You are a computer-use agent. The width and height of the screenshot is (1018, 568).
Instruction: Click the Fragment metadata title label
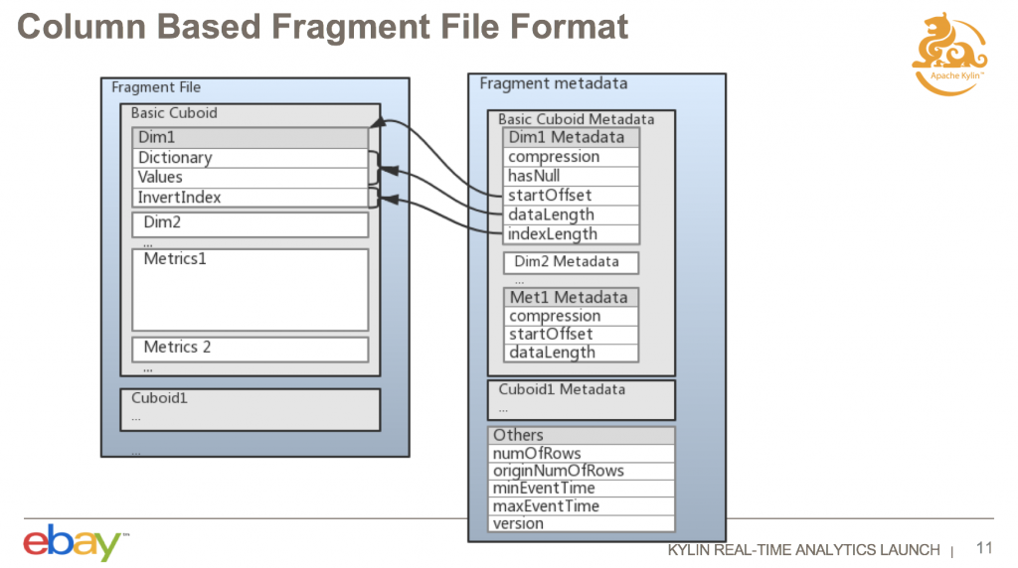tap(553, 83)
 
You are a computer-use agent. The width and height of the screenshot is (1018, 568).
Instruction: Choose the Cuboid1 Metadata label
tap(563, 389)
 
